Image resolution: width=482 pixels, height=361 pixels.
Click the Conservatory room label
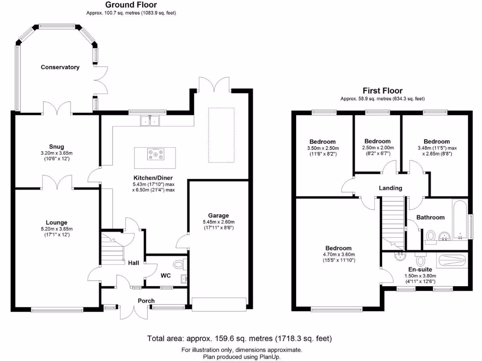60,67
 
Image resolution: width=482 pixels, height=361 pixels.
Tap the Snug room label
56,147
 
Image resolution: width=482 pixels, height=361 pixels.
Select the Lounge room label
56,222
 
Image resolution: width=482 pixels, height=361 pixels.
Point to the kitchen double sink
150,121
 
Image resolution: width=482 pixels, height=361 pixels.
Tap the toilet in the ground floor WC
179,264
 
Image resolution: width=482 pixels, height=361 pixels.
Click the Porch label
146,301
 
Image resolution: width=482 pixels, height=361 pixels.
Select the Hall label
133,263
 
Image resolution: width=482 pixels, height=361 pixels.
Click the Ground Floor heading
131,5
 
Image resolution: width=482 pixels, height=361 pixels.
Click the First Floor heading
382,91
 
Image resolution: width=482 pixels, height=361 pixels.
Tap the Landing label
391,188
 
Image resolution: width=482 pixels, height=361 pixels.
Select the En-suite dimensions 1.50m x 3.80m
420,276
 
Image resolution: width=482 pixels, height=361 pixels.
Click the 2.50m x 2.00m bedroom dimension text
378,148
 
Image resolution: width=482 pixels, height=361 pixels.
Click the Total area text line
240,338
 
